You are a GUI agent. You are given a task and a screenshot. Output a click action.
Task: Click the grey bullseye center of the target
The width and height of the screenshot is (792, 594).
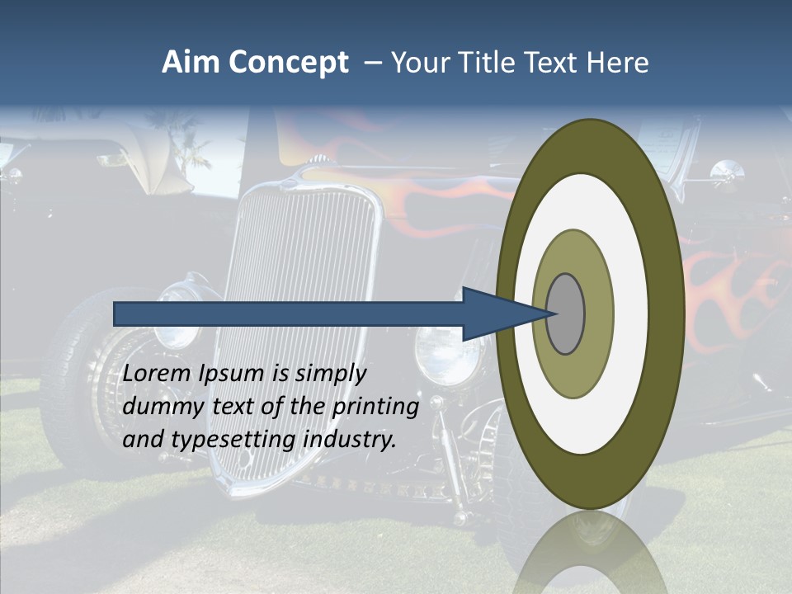coord(565,313)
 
